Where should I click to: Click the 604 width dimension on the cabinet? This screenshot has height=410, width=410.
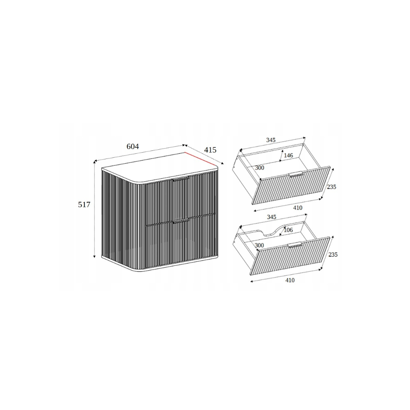[x=133, y=147]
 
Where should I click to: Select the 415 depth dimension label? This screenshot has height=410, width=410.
[x=210, y=150]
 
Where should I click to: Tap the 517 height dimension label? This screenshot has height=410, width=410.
[x=84, y=205]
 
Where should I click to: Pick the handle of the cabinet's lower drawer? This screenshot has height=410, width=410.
[x=181, y=221]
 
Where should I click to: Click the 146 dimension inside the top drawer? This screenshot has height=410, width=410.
[x=288, y=155]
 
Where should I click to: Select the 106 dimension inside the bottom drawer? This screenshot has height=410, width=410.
[x=288, y=230]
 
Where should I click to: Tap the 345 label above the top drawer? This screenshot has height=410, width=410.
[x=271, y=140]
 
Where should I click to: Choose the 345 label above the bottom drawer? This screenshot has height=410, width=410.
[x=271, y=217]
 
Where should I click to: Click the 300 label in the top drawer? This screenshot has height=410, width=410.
[x=259, y=168]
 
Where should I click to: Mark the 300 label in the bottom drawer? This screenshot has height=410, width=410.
[x=259, y=245]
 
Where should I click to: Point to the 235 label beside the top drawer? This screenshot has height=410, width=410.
[x=332, y=187]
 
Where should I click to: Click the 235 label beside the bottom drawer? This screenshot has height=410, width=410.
[x=333, y=254]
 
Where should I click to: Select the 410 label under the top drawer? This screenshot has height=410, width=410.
[x=297, y=208]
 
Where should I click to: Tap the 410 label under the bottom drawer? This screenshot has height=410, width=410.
[x=290, y=280]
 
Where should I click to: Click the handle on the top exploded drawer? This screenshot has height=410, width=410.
[x=296, y=174]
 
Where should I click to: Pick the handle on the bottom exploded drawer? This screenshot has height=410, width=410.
[x=295, y=245]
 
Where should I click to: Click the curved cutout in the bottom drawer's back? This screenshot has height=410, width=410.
[x=272, y=230]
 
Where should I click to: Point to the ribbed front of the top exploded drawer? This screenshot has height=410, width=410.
[x=291, y=185]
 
